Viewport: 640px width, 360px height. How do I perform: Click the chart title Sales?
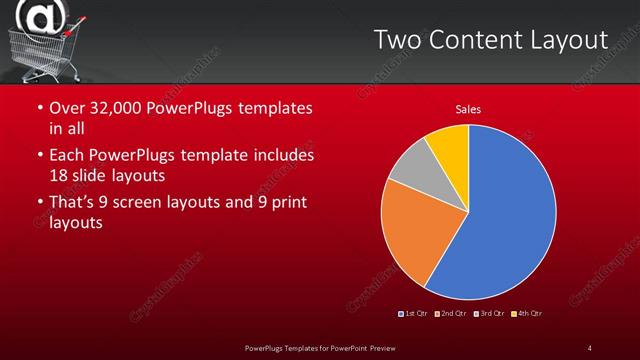pyautogui.click(x=468, y=110)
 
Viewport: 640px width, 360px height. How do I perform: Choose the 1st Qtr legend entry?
pyautogui.click(x=414, y=314)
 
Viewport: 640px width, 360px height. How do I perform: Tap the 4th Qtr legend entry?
pyautogui.click(x=527, y=314)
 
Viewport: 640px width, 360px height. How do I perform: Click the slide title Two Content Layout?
pyautogui.click(x=490, y=40)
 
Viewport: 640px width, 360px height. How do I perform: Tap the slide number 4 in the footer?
pyautogui.click(x=589, y=347)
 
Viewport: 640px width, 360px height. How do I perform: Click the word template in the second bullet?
pyautogui.click(x=229, y=156)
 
